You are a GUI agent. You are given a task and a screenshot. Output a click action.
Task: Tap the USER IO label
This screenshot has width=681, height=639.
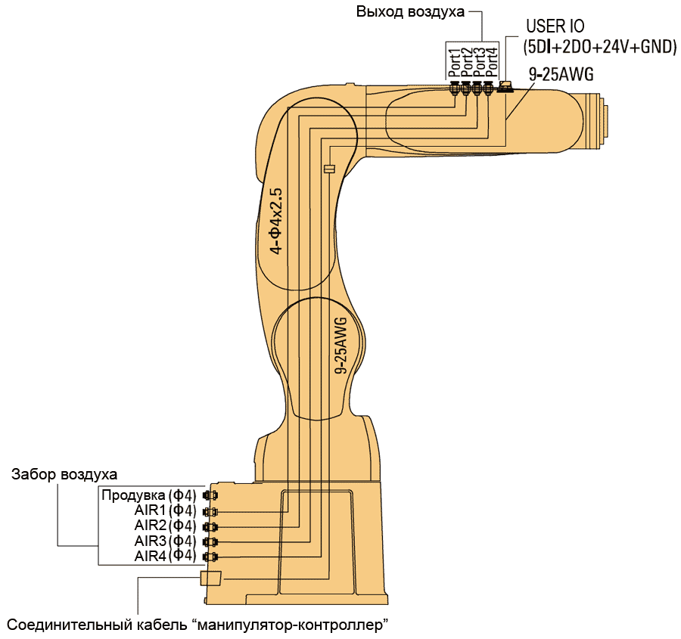[x=556, y=27]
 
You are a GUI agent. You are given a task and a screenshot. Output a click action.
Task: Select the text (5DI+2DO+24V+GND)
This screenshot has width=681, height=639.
[x=599, y=47]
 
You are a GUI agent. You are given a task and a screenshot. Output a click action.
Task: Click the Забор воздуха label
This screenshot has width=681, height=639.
[x=64, y=475]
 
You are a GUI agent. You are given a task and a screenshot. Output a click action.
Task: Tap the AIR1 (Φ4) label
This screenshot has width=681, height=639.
[x=165, y=511]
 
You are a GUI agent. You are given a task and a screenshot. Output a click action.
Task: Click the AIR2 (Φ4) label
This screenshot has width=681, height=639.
[x=165, y=526]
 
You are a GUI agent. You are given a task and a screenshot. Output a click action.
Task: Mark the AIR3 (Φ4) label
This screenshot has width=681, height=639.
[x=165, y=541]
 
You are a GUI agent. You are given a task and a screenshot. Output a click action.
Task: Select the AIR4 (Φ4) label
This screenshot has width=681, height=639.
[x=165, y=557]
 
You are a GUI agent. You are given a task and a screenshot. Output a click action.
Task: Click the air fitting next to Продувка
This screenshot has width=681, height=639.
[x=210, y=496]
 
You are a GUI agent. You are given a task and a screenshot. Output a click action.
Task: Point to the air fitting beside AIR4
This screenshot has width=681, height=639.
[x=210, y=557]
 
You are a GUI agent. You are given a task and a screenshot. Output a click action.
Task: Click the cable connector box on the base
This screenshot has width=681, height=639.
[x=210, y=579]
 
